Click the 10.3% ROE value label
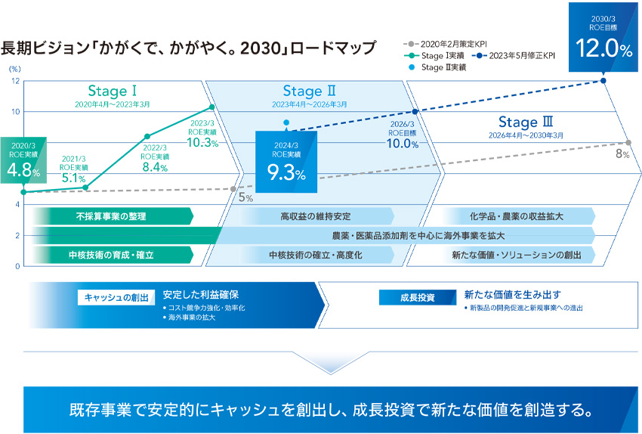click(203, 141)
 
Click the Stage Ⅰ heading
click(112, 91)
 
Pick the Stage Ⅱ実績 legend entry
click(436, 67)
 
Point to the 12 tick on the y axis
click(15, 81)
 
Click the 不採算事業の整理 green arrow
click(111, 216)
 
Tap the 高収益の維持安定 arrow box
click(316, 216)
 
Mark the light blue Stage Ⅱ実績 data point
click(286, 122)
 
